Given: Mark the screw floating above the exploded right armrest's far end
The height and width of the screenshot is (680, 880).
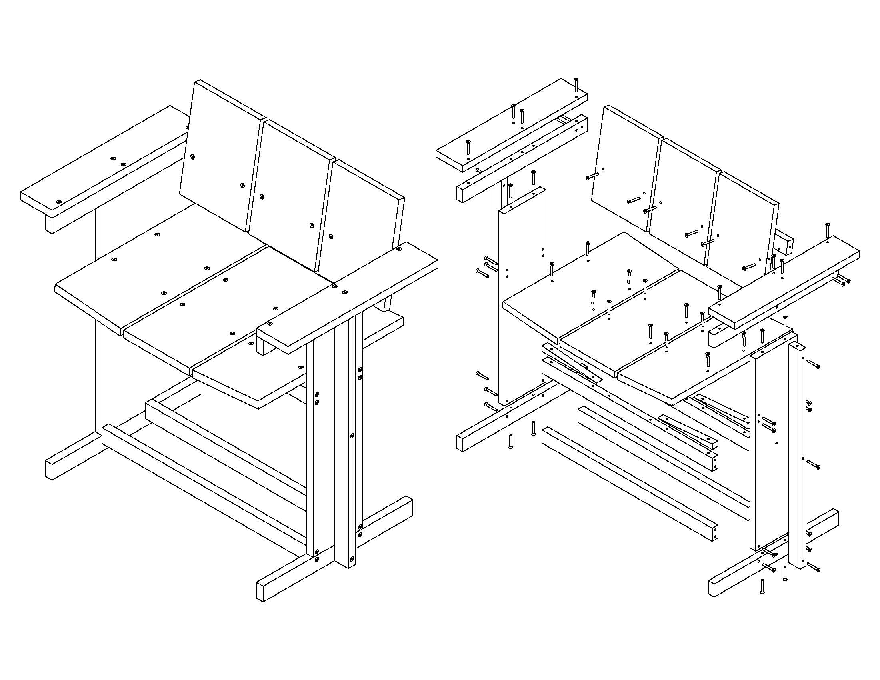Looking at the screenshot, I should coord(827,230).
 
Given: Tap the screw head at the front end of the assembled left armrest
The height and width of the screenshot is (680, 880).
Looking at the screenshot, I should coord(59,202).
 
